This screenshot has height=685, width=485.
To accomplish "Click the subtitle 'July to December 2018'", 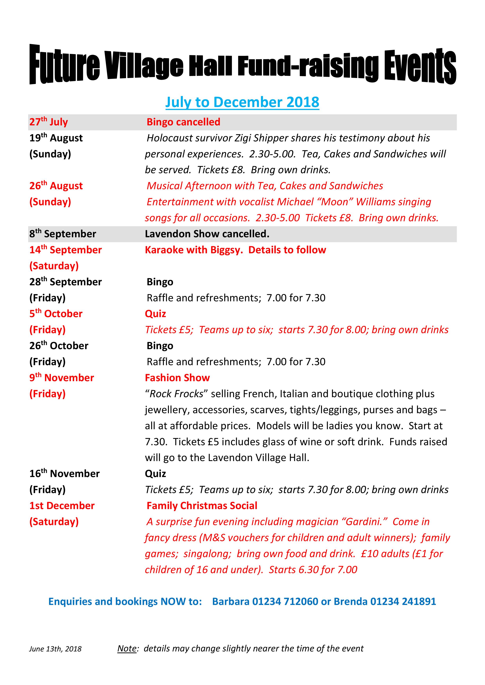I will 242,102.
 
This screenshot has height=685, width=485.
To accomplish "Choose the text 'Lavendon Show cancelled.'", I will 207,234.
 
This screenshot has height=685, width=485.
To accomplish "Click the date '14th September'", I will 65,250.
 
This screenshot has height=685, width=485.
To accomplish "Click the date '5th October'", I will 56,314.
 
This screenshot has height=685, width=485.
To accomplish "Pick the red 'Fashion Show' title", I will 177,378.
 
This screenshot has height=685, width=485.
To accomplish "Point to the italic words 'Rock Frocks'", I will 176,394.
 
